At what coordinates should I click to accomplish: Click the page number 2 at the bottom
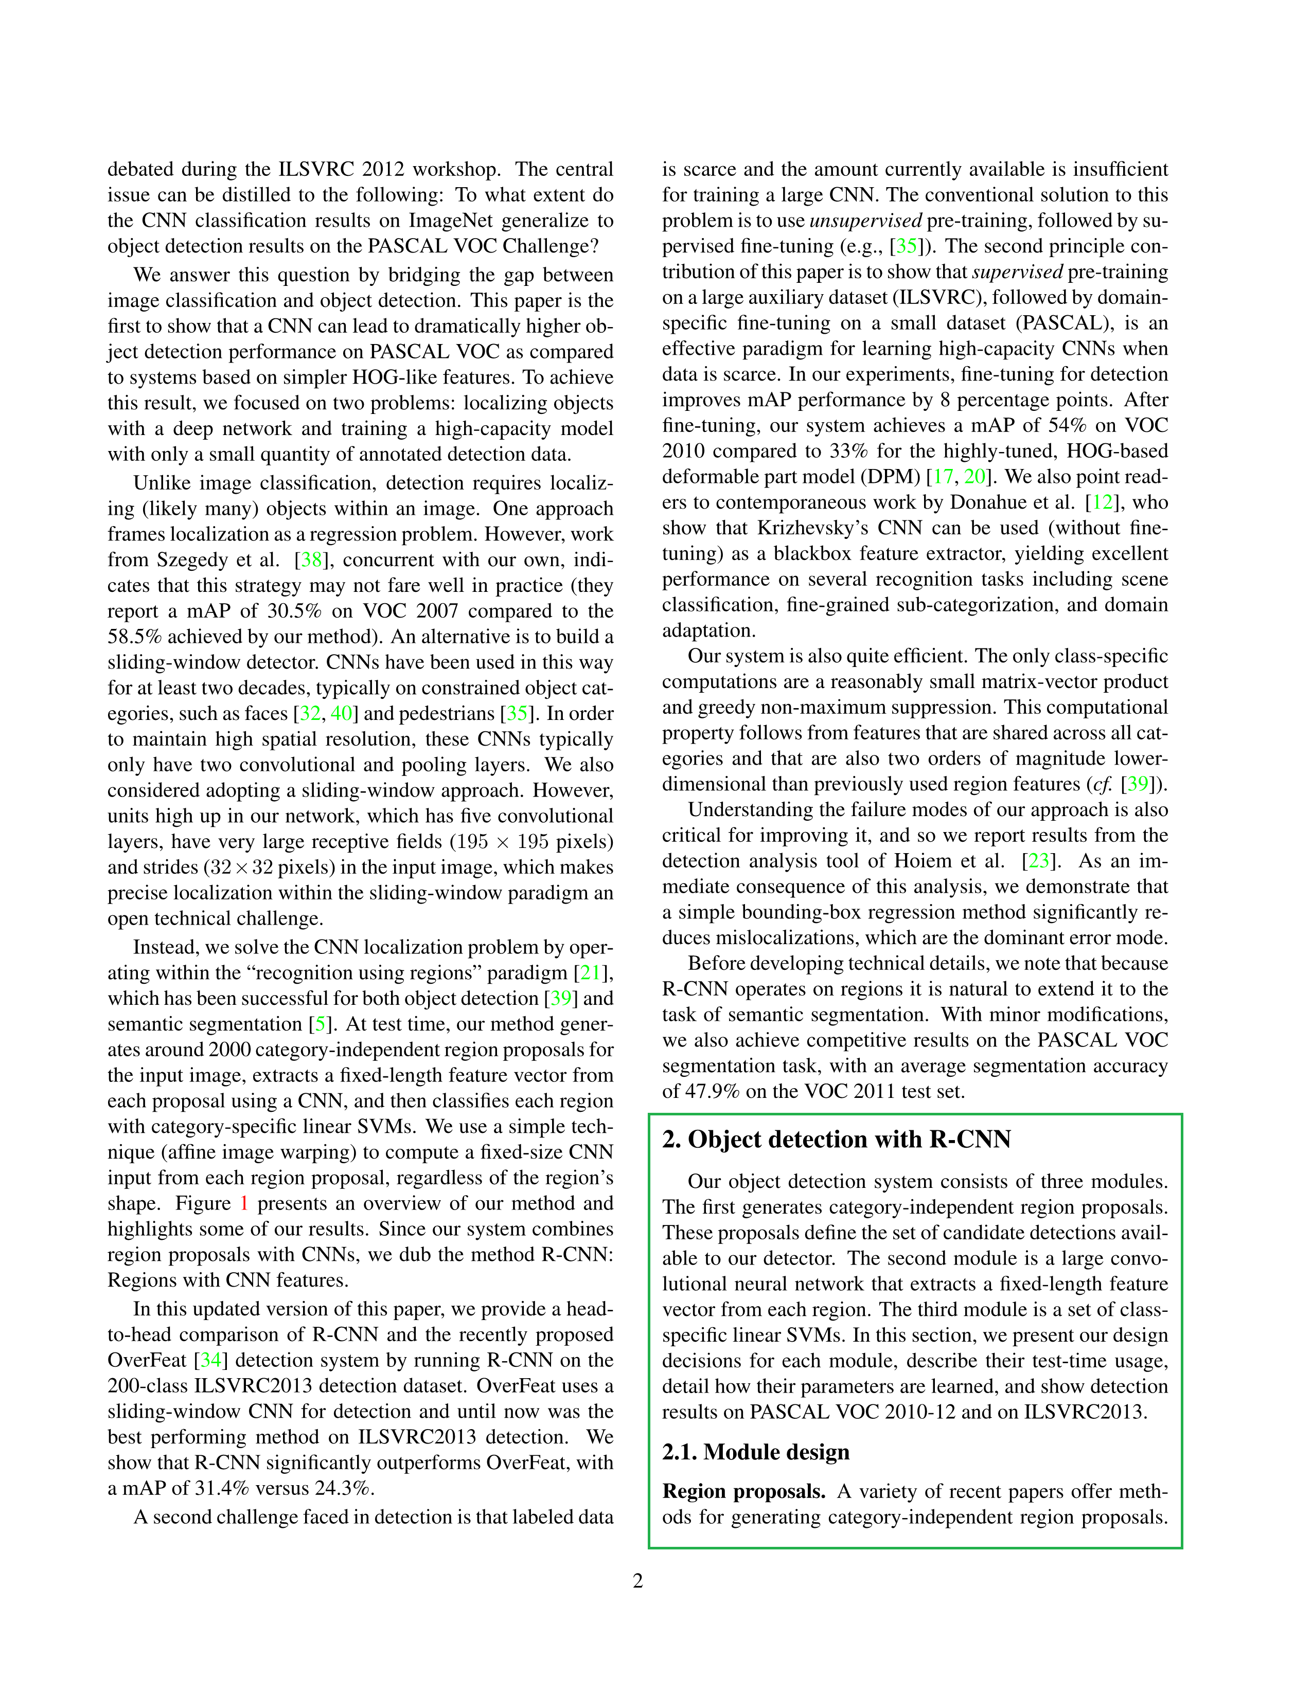coord(638,1581)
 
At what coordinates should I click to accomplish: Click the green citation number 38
coord(312,560)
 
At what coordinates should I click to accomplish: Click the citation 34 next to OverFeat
coord(210,1360)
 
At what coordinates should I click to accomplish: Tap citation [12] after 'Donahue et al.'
coord(1102,503)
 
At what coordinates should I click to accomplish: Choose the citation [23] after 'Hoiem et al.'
coord(1038,861)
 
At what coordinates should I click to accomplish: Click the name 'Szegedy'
coord(193,560)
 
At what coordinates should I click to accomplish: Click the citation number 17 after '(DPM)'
coord(943,477)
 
